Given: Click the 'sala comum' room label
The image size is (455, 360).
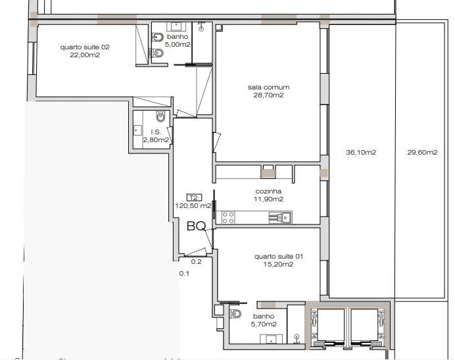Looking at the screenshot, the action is [268, 87].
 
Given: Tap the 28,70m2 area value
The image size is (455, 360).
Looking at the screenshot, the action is [268, 95].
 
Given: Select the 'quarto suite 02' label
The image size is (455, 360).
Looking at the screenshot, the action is [85, 47].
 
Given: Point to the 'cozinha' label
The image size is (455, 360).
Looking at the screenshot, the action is [268, 191].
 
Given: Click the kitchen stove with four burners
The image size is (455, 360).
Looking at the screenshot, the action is [228, 218].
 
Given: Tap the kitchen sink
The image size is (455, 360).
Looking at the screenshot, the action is [280, 218].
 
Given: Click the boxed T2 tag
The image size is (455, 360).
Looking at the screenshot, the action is [194, 198].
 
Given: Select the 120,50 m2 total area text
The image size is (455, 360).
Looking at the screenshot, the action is [193, 206].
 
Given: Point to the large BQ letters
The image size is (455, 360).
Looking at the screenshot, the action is [197, 226].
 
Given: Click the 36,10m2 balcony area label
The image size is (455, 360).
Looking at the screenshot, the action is [361, 152].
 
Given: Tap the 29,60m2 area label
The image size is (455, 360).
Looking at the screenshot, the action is [422, 152].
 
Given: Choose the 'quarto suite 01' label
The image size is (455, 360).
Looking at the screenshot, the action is [279, 257].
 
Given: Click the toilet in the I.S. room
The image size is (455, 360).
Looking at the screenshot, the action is [160, 116].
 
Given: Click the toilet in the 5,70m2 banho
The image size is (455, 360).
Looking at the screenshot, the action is [235, 314].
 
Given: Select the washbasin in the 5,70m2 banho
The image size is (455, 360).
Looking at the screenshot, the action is [271, 339].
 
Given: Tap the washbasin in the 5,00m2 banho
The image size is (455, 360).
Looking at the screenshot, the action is [176, 26].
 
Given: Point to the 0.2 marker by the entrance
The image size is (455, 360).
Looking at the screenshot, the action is [196, 261].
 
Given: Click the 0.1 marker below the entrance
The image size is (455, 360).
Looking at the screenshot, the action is [184, 273].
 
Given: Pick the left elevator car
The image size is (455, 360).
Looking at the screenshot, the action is [331, 324].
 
